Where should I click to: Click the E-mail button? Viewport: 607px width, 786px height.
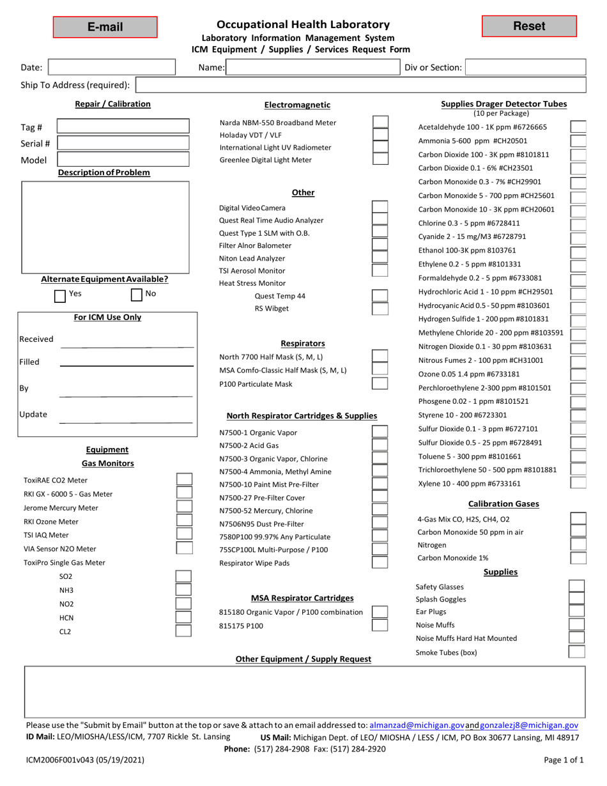click(105, 27)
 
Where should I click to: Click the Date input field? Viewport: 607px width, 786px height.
click(112, 67)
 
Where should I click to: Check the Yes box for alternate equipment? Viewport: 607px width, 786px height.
click(60, 295)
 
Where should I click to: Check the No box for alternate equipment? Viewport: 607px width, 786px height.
click(137, 295)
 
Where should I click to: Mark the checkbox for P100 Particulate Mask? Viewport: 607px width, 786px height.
click(380, 383)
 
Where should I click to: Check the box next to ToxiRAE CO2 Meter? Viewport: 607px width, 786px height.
click(183, 480)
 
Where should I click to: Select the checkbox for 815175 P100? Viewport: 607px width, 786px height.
click(380, 626)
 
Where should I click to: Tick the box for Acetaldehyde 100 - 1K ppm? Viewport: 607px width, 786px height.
click(578, 127)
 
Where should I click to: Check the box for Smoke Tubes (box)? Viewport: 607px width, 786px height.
click(577, 652)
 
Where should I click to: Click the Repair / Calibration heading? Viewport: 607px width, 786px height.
click(113, 104)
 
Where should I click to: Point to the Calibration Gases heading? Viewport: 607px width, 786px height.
click(503, 504)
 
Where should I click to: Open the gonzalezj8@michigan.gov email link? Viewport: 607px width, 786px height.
click(529, 725)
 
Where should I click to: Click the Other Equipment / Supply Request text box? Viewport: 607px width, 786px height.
click(304, 691)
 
